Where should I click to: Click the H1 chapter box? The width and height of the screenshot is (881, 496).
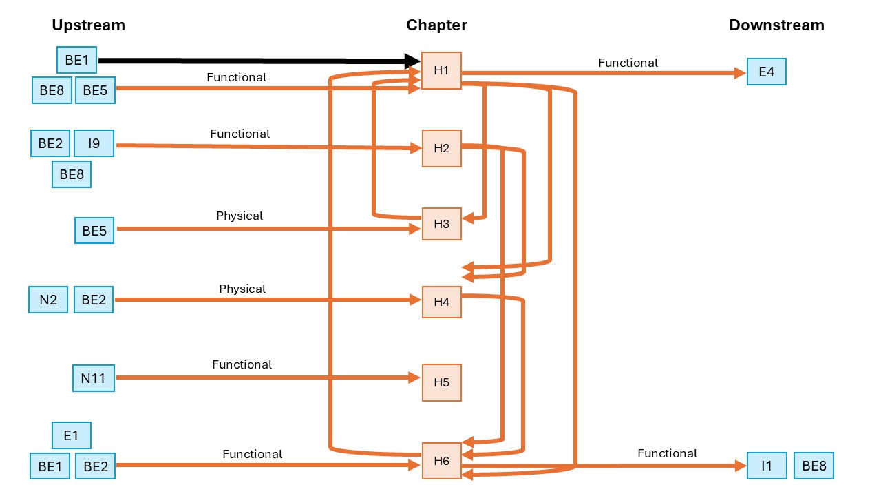[441, 70]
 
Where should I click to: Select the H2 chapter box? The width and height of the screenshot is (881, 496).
[442, 148]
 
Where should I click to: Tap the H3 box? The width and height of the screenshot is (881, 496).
[442, 224]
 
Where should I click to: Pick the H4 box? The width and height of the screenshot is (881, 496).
[442, 302]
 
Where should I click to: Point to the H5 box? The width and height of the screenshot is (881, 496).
[442, 382]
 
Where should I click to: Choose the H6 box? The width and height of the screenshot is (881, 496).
[442, 461]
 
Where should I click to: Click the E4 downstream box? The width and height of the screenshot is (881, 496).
[767, 72]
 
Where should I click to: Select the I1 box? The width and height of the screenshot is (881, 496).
[767, 466]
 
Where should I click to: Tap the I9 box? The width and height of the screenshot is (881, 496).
[94, 143]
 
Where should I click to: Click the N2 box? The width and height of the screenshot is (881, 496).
[48, 300]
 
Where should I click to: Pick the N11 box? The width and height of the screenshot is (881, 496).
[94, 378]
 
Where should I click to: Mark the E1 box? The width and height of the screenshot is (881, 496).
[71, 435]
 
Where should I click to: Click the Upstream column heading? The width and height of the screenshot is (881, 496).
[89, 25]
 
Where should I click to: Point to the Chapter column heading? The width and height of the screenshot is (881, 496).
[436, 25]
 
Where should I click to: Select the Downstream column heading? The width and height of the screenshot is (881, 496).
[777, 25]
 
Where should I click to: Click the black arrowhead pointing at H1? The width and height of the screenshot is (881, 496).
[412, 61]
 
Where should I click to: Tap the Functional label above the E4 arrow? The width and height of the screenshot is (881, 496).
[628, 63]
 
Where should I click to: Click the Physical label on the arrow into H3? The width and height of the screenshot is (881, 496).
[240, 216]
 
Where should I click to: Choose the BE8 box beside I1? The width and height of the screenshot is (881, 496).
[814, 466]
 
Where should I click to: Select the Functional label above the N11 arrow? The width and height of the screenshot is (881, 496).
[242, 364]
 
